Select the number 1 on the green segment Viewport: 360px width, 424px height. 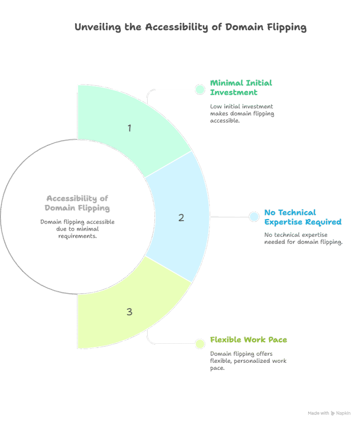pyautogui.click(x=130, y=128)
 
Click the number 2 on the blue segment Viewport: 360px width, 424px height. pyautogui.click(x=181, y=217)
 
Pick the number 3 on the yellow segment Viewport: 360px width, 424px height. pyautogui.click(x=130, y=311)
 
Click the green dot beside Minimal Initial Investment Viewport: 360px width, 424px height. pyautogui.click(x=200, y=89)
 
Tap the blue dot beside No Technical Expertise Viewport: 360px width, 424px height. pyautogui.click(x=254, y=216)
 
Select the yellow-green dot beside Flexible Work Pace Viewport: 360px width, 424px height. pyautogui.click(x=200, y=343)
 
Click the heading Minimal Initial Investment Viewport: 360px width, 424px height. pyautogui.click(x=241, y=87)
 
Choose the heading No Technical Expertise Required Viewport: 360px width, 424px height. pyautogui.click(x=302, y=217)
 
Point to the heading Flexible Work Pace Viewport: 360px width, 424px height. pyautogui.click(x=248, y=340)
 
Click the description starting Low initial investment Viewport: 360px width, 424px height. pyautogui.click(x=242, y=113)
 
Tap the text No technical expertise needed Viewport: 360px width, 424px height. pyautogui.click(x=303, y=238)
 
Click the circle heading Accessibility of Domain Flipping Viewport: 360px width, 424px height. pyautogui.click(x=77, y=203)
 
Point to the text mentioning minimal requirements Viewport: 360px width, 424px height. pyautogui.click(x=77, y=229)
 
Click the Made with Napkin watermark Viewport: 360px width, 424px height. pyautogui.click(x=329, y=413)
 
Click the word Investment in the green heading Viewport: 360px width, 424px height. pyautogui.click(x=234, y=92)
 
